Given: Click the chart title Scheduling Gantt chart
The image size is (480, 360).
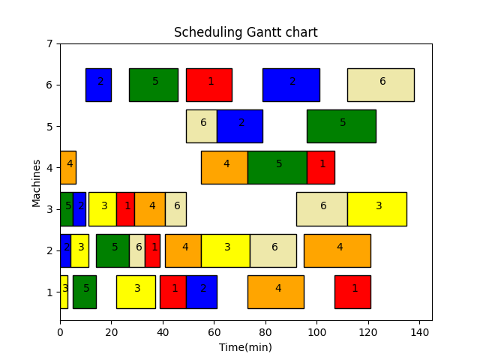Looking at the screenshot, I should pyautogui.click(x=245, y=32).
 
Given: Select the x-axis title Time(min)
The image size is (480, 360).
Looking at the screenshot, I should pyautogui.click(x=245, y=347).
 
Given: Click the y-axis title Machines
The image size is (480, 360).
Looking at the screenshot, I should pyautogui.click(x=37, y=182).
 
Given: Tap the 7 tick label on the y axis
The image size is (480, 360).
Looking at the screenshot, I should pyautogui.click(x=49, y=43).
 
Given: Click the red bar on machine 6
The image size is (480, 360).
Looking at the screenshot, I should pyautogui.click(x=209, y=85).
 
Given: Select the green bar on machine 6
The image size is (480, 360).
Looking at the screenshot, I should pyautogui.click(x=153, y=85).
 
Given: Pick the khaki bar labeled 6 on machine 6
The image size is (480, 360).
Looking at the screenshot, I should pyautogui.click(x=380, y=85).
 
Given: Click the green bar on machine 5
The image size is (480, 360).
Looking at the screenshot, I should pyautogui.click(x=341, y=126).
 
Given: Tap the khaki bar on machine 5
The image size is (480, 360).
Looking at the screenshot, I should pyautogui.click(x=202, y=126).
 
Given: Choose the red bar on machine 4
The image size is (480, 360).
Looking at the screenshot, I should pyautogui.click(x=320, y=167).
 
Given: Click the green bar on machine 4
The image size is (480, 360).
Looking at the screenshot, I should pyautogui.click(x=277, y=167).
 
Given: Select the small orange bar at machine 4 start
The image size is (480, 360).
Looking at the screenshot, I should pyautogui.click(x=67, y=167).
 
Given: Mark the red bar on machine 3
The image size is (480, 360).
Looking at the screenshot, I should pyautogui.click(x=125, y=208).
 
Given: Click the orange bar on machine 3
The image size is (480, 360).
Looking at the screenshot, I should pyautogui.click(x=150, y=208).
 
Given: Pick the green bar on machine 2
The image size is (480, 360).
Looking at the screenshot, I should pyautogui.click(x=112, y=250).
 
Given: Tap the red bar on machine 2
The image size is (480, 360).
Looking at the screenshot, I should pyautogui.click(x=152, y=250).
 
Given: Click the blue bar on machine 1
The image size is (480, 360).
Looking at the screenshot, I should pyautogui.click(x=201, y=292).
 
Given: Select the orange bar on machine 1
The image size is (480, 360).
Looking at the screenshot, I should pyautogui.click(x=275, y=292).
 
